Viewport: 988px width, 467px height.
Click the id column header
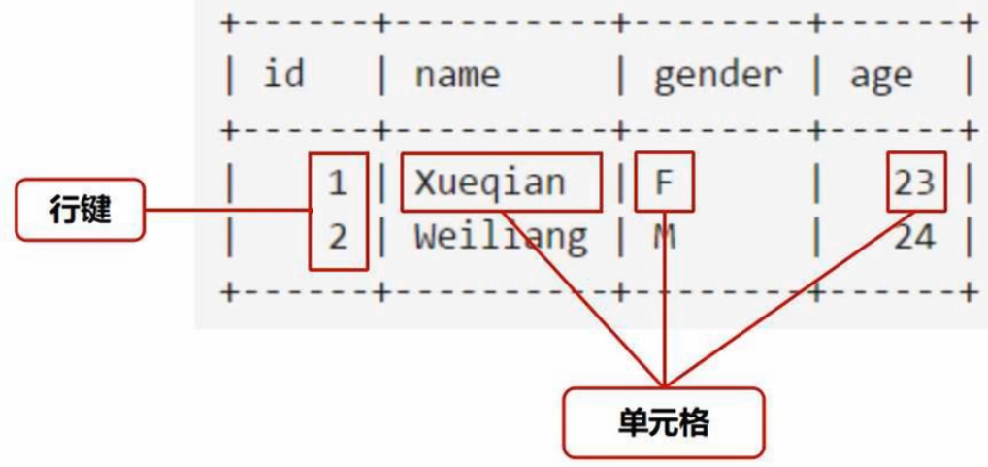[x=283, y=75]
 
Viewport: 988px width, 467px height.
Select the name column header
[x=457, y=75]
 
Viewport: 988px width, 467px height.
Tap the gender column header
[x=717, y=75]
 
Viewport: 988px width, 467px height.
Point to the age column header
[x=881, y=76]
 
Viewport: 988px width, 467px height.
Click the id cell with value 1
[x=337, y=183]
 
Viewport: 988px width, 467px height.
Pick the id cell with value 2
[x=337, y=236]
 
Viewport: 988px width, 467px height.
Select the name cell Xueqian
[x=489, y=182]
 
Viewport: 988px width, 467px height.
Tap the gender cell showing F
[x=664, y=182]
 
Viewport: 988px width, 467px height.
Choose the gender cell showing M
[x=664, y=236]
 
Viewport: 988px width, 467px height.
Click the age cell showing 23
[x=914, y=183]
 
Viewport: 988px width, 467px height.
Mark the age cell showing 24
[x=914, y=236]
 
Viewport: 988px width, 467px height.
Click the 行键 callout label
[x=80, y=209]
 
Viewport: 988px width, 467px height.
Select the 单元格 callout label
[x=664, y=422]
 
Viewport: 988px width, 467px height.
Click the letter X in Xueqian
[x=424, y=182]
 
